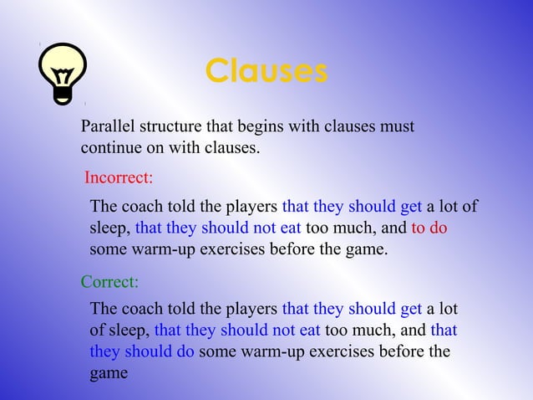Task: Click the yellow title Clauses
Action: (x=266, y=71)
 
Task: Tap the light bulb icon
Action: (x=63, y=74)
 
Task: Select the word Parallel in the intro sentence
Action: (x=106, y=127)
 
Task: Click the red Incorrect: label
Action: (x=119, y=178)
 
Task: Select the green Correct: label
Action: (x=109, y=281)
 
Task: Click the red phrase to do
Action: (x=429, y=228)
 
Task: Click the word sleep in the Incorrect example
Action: (x=109, y=228)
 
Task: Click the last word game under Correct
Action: (x=109, y=372)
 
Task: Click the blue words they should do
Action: (x=142, y=351)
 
